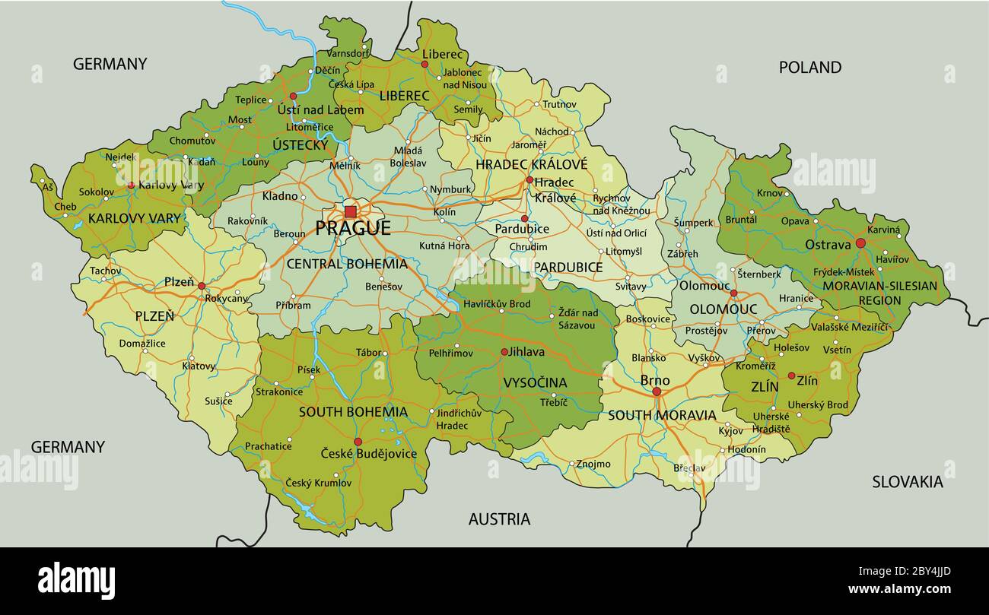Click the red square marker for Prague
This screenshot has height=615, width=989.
point(350,211)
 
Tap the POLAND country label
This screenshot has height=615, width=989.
point(809,68)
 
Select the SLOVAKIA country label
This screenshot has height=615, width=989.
point(907,481)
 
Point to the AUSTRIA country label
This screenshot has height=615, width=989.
point(499,519)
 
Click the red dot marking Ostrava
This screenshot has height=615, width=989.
point(860,243)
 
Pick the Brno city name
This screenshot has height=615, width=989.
point(655,380)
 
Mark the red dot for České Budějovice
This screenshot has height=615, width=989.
point(358,442)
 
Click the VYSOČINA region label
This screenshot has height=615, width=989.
point(535,382)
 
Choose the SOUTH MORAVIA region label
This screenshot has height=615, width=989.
point(661,415)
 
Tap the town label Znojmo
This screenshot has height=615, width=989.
point(593,464)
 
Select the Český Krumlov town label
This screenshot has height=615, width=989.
point(318,483)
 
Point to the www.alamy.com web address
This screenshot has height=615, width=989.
point(898,590)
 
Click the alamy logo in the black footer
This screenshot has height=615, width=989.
point(77,581)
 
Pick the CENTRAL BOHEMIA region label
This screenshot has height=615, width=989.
point(346,265)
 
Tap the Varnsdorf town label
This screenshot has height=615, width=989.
point(347,54)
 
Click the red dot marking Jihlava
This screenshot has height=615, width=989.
point(504,352)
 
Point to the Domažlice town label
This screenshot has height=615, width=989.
point(142,344)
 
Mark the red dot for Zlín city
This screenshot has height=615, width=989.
point(791,376)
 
